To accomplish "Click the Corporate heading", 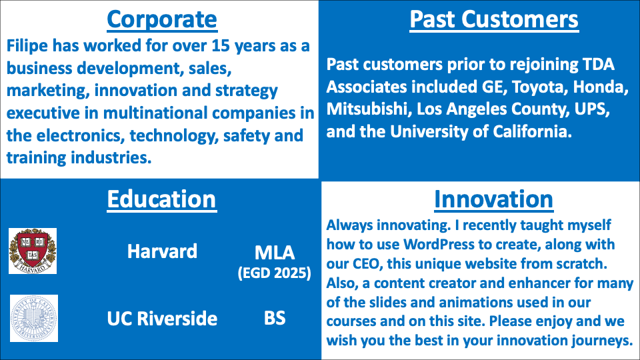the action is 162,19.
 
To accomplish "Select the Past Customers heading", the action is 494,19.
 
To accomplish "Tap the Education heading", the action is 161,199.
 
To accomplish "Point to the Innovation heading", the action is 493,199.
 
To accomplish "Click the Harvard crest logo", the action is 33,251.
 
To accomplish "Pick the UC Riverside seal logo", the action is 34,319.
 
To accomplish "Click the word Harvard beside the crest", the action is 162,251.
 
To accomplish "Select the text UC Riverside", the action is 162,319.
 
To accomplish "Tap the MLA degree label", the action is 275,253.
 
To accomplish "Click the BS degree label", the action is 275,319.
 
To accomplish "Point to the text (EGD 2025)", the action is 275,273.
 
